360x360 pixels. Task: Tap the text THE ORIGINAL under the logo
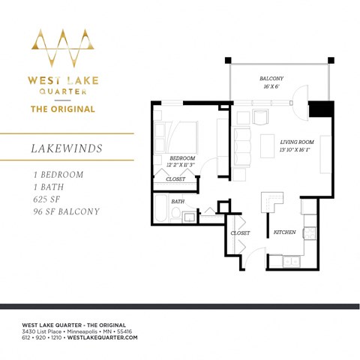tap(62, 109)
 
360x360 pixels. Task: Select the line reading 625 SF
tap(42, 199)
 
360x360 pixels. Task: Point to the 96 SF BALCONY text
tap(61, 211)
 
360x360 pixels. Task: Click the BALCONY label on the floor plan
tap(271, 78)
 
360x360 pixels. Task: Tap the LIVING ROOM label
tap(298, 141)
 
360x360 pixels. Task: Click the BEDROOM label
tap(182, 158)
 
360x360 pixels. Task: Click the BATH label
tap(178, 201)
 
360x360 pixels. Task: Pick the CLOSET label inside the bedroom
tap(175, 178)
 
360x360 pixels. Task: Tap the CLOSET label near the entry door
tap(240, 233)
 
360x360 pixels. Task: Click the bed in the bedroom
tap(175, 137)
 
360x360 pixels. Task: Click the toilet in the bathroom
tap(175, 215)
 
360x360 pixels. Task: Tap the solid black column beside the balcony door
tap(320, 109)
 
